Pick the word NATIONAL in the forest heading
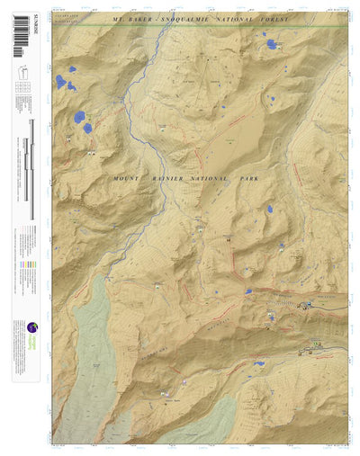click(247, 18)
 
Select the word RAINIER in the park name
click(171, 180)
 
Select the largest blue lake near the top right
click(271, 43)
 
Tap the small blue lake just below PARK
click(269, 209)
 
